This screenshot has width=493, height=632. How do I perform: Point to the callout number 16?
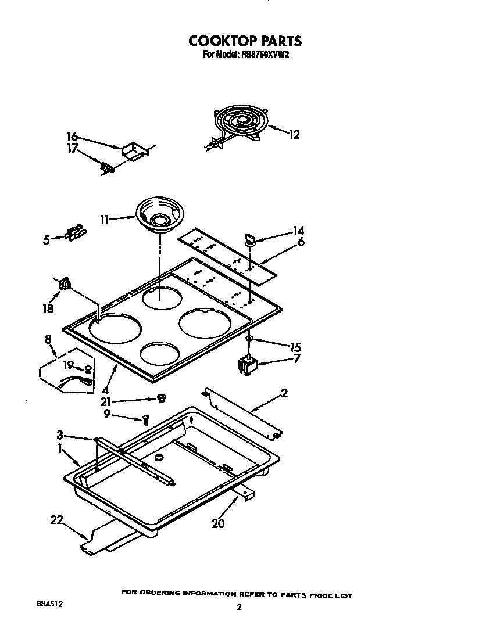pyautogui.click(x=72, y=137)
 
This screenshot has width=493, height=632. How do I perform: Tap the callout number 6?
pyautogui.click(x=301, y=242)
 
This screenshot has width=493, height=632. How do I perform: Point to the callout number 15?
pyautogui.click(x=295, y=347)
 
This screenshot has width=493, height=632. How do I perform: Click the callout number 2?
pyautogui.click(x=284, y=393)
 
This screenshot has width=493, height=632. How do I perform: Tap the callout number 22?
pyautogui.click(x=56, y=520)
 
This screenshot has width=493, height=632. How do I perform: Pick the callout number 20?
pyautogui.click(x=218, y=523)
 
